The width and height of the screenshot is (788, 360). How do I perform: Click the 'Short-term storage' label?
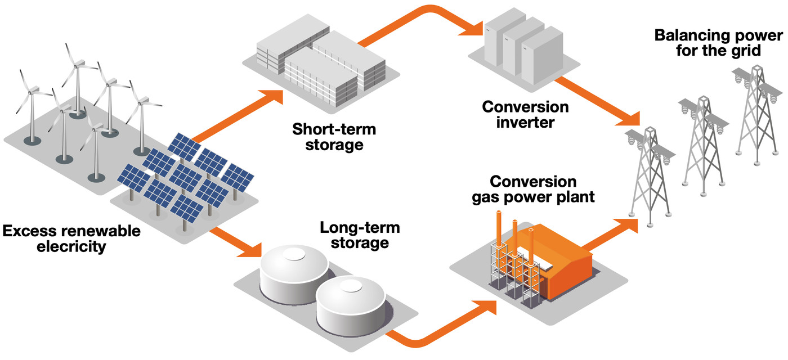point(334,137)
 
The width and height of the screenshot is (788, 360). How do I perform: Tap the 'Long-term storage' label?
point(360,235)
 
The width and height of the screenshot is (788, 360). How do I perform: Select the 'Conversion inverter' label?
point(525,114)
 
